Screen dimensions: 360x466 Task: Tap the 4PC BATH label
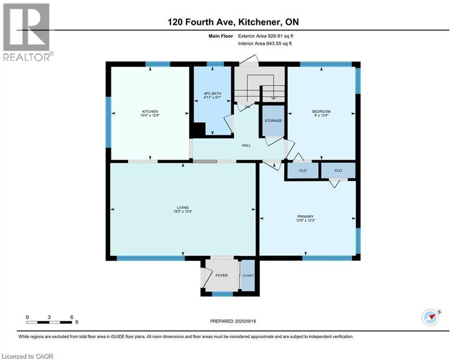coord(213,93)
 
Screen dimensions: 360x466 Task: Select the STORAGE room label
coord(274,120)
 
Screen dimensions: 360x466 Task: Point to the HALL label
coord(246,145)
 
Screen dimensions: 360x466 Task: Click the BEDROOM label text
coord(321,111)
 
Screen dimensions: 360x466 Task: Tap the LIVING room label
coord(183,207)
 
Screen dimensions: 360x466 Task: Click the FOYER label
coord(221,275)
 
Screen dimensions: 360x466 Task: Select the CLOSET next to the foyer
coord(248,276)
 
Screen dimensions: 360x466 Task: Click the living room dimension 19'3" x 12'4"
coord(183,211)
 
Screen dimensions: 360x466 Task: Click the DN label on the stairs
coord(247,107)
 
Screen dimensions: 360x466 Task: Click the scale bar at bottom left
coord(50,322)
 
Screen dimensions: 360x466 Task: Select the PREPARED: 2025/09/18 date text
coord(233,321)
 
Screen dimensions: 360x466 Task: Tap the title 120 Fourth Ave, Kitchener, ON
coord(233,22)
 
